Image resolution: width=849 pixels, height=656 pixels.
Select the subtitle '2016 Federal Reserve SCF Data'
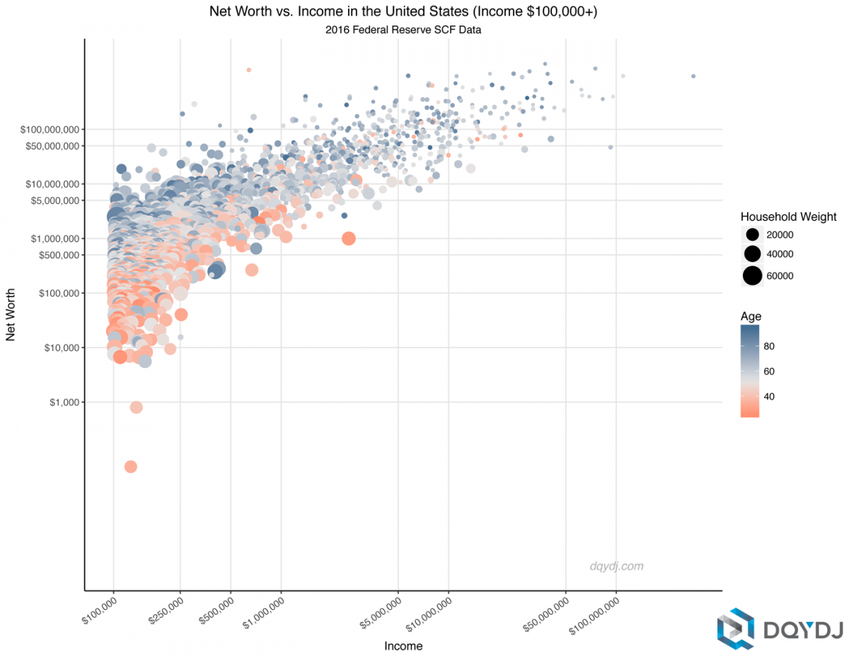pyautogui.click(x=403, y=30)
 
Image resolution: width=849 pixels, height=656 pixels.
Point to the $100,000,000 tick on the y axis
pyautogui.click(x=52, y=130)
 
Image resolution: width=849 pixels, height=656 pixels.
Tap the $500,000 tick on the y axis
pyautogui.click(x=58, y=255)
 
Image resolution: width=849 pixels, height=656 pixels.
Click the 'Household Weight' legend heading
pyautogui.click(x=788, y=217)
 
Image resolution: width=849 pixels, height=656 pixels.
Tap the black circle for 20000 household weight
pyautogui.click(x=751, y=234)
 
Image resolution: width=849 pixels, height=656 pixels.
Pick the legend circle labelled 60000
pyautogui.click(x=751, y=275)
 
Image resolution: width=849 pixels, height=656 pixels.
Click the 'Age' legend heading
pyautogui.click(x=751, y=316)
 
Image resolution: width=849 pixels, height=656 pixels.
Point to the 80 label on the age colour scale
pyautogui.click(x=770, y=346)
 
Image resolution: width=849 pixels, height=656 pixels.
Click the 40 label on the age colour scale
pyautogui.click(x=770, y=396)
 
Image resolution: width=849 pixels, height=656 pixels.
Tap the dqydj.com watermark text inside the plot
pyautogui.click(x=616, y=566)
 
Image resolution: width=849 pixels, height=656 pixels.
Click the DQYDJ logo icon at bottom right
pyautogui.click(x=736, y=628)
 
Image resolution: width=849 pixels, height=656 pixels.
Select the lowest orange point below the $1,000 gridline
pyautogui.click(x=130, y=466)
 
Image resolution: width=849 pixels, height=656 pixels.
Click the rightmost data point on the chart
pyautogui.click(x=693, y=76)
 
